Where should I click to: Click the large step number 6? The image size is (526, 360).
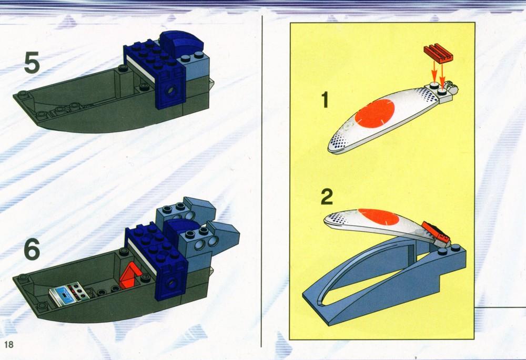32,249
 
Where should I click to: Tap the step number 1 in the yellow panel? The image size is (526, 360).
325,99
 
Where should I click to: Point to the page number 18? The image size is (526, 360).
9,344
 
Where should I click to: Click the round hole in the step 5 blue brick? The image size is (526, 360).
172,90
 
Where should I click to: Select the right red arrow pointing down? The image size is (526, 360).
442,75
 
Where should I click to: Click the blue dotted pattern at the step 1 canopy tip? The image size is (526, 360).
339,143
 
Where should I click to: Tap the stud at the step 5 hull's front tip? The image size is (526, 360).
23,94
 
